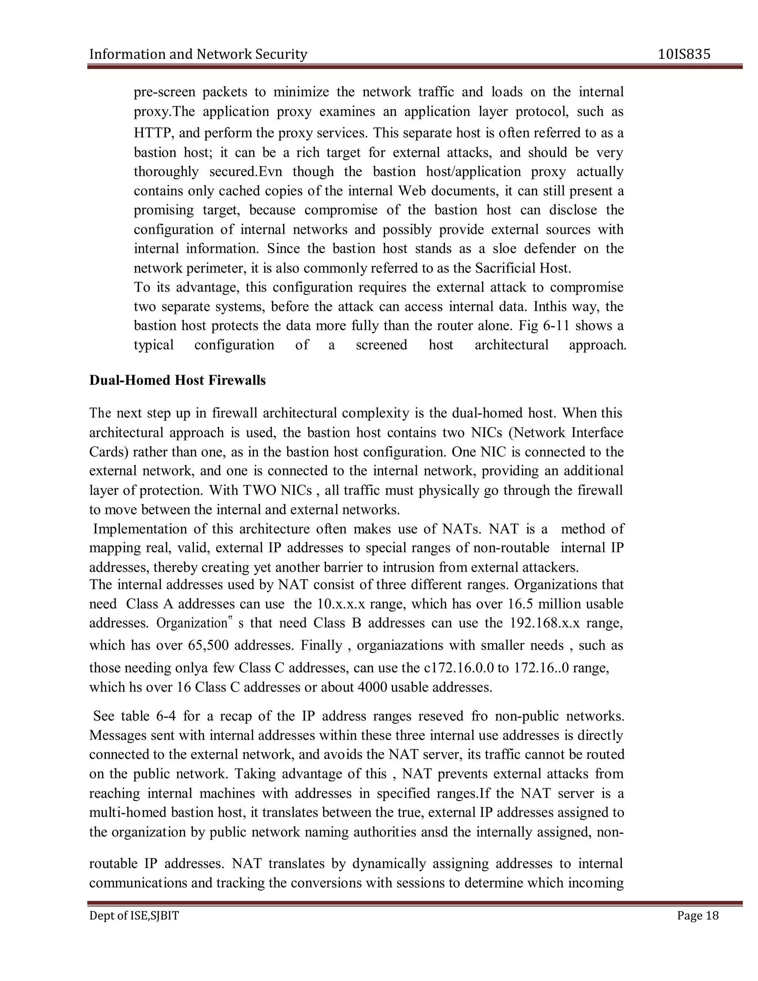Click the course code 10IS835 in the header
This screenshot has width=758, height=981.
tap(684, 55)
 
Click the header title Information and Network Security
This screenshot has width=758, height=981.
tap(198, 55)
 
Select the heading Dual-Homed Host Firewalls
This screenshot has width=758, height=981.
tap(177, 381)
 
